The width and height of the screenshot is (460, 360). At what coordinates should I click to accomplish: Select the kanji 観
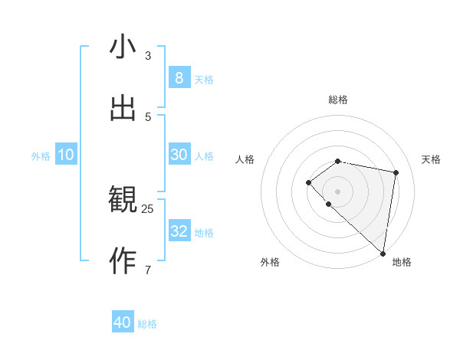(123, 201)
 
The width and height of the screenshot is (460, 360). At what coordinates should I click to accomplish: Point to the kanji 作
(123, 261)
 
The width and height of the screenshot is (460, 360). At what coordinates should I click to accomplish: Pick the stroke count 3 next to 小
(148, 55)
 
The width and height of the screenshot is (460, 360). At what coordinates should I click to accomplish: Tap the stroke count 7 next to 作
(148, 270)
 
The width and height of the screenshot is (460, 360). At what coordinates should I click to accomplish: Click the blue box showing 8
(179, 78)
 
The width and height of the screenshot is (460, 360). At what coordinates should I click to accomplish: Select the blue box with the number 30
(179, 155)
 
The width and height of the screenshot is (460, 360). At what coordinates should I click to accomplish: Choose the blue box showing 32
(179, 231)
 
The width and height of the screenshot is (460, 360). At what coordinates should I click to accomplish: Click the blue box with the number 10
(66, 155)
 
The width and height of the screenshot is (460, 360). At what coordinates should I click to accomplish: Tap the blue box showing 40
(123, 322)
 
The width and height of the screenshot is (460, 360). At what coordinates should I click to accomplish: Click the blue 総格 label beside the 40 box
(147, 324)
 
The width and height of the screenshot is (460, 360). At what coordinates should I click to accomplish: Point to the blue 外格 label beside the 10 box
(41, 156)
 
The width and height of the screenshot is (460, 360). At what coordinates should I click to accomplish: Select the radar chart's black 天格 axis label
(432, 159)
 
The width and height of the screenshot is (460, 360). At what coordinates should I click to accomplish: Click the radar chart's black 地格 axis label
(402, 262)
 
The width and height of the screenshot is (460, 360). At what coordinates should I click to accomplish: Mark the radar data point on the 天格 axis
(396, 172)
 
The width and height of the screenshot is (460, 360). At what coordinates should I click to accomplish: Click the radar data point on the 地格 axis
(383, 254)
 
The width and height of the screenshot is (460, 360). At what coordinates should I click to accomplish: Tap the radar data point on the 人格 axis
(308, 182)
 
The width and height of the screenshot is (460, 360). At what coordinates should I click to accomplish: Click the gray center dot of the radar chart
(337, 191)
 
